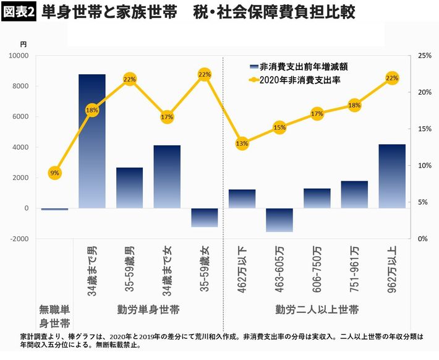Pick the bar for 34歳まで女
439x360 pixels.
(x=167, y=176)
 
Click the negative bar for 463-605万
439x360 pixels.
(x=279, y=220)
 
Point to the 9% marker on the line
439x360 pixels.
(x=55, y=173)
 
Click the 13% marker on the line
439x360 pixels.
(x=242, y=144)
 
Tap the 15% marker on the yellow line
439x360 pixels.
(x=279, y=128)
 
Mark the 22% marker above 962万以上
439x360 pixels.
(x=392, y=78)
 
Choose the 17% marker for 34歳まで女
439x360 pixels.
(x=167, y=117)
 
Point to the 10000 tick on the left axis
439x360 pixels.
(x=19, y=56)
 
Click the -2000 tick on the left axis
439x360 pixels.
(x=19, y=239)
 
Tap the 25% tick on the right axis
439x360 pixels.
(x=425, y=56)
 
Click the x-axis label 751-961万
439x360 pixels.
(x=354, y=261)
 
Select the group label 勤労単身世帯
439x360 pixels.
(x=148, y=309)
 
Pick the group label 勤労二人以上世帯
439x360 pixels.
(x=317, y=309)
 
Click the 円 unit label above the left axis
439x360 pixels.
(x=23, y=45)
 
